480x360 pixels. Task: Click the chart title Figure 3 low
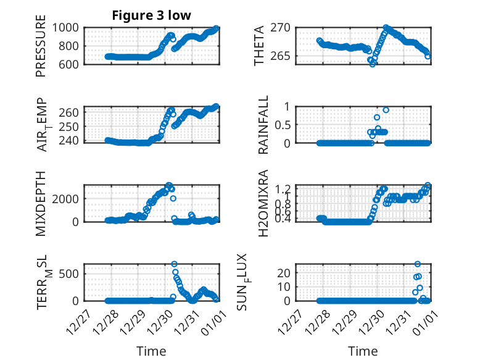pos(151,15)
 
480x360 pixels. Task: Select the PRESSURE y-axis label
pos(41,50)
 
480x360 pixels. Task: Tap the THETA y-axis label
pos(259,46)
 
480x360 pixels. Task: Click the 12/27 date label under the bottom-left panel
pos(79,320)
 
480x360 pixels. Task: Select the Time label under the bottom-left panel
pos(151,351)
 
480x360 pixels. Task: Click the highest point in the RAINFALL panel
pos(386,110)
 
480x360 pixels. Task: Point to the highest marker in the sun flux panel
pos(418,264)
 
